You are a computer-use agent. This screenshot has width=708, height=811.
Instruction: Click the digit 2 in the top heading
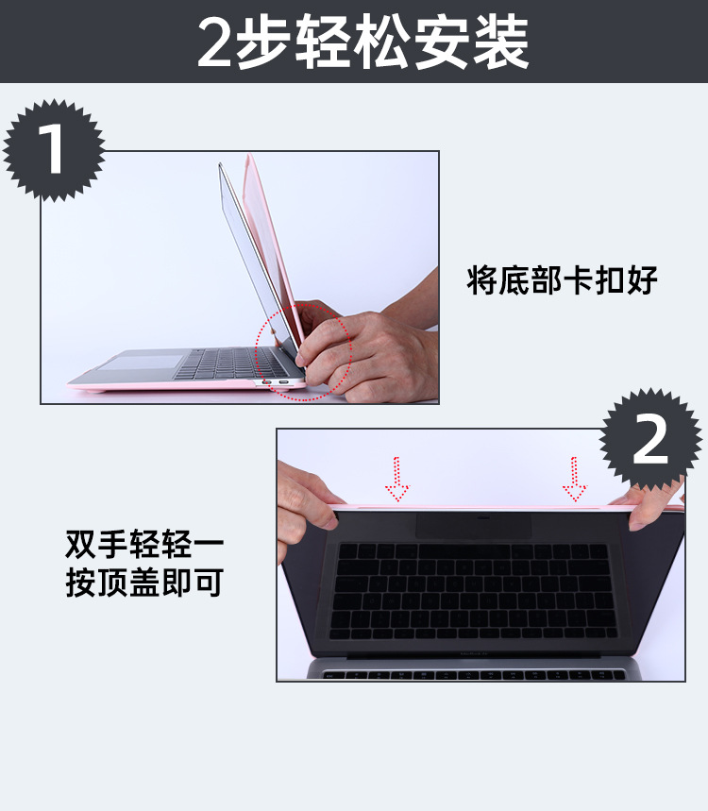214,42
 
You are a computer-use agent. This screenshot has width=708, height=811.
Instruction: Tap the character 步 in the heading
262,42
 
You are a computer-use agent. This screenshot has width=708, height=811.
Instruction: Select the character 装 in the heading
501,42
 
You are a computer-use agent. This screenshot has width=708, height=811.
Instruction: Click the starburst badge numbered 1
54,150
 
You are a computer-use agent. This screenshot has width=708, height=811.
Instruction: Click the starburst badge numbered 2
650,440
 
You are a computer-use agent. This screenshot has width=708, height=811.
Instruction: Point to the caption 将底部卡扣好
563,280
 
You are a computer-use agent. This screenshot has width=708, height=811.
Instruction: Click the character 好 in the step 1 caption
642,280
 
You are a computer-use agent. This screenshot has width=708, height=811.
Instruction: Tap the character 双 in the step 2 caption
81,544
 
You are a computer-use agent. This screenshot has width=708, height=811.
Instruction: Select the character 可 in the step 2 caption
208,583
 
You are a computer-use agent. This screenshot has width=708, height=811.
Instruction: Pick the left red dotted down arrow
396,479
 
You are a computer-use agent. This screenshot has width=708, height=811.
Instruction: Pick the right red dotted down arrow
574,479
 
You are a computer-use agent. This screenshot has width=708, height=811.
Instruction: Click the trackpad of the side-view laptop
141,362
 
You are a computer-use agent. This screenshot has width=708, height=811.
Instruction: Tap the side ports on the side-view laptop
275,382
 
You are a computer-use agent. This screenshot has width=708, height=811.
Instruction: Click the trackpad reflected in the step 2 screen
474,527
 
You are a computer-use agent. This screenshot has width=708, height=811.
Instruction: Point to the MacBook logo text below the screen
474,653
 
